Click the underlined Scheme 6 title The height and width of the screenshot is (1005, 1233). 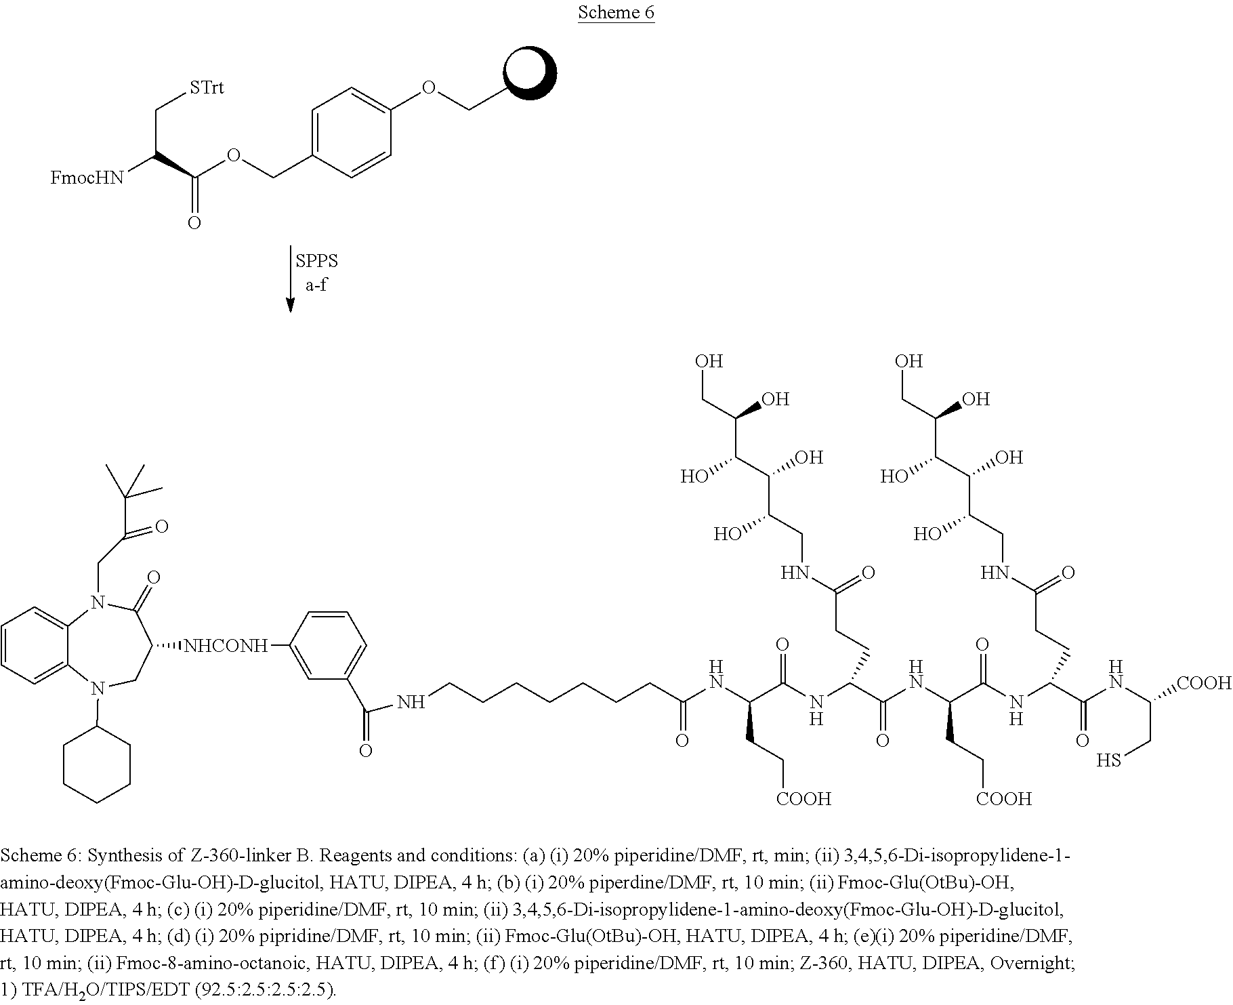point(616,13)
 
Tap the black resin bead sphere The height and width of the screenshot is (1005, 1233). point(530,73)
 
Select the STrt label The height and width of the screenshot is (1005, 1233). point(207,87)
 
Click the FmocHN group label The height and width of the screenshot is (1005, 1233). point(87,178)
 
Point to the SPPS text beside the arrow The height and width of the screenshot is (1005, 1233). point(317,261)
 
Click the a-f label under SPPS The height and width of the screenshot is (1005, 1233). point(316,285)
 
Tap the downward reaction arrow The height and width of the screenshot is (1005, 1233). point(290,279)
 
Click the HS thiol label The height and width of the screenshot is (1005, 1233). point(1110,760)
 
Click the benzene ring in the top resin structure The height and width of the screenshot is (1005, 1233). point(352,132)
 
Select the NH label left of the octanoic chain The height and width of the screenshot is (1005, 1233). point(411,702)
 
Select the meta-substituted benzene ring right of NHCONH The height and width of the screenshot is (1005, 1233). point(329,645)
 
